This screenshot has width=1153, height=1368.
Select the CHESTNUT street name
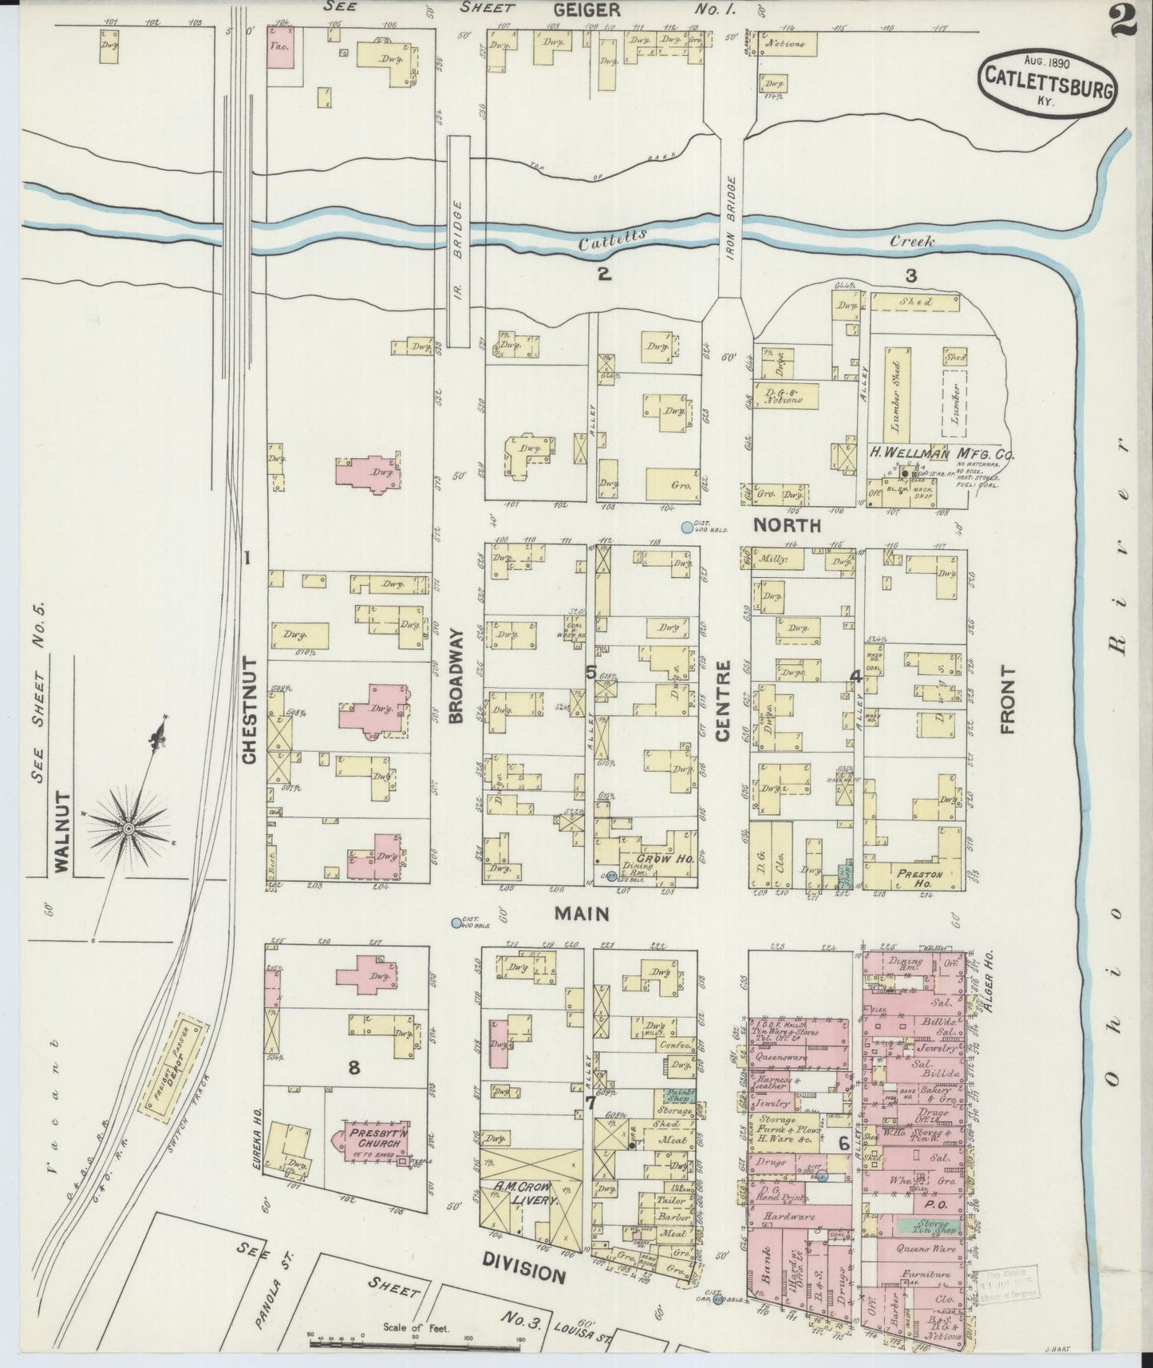click(x=250, y=710)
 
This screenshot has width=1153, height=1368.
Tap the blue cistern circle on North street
click(x=686, y=528)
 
